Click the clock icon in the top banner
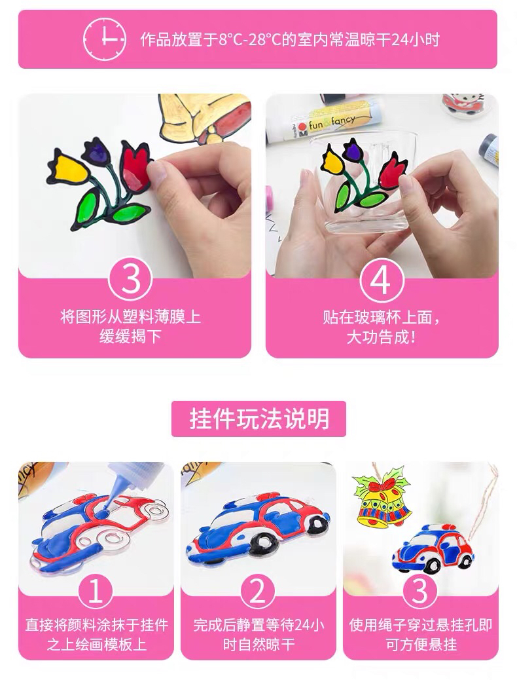coord(105,39)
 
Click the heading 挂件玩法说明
coord(259,419)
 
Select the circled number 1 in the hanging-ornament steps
coord(95,592)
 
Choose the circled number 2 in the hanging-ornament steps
coord(258,592)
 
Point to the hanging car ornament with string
coord(433,548)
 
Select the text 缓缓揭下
coord(130,337)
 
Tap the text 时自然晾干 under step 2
coord(258,645)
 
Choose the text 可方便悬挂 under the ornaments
coord(421,645)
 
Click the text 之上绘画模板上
coord(96,645)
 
